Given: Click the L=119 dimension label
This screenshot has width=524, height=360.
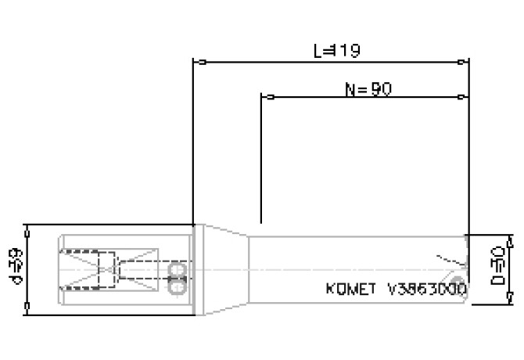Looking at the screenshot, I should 336,51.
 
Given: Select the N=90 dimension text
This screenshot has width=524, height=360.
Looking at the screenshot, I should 368,89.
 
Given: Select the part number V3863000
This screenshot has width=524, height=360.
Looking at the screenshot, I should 426,289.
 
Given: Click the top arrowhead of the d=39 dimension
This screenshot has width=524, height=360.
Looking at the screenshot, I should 28,228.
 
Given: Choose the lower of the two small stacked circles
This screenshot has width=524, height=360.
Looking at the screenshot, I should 175,287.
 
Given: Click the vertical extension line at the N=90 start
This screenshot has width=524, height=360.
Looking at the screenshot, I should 261,157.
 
